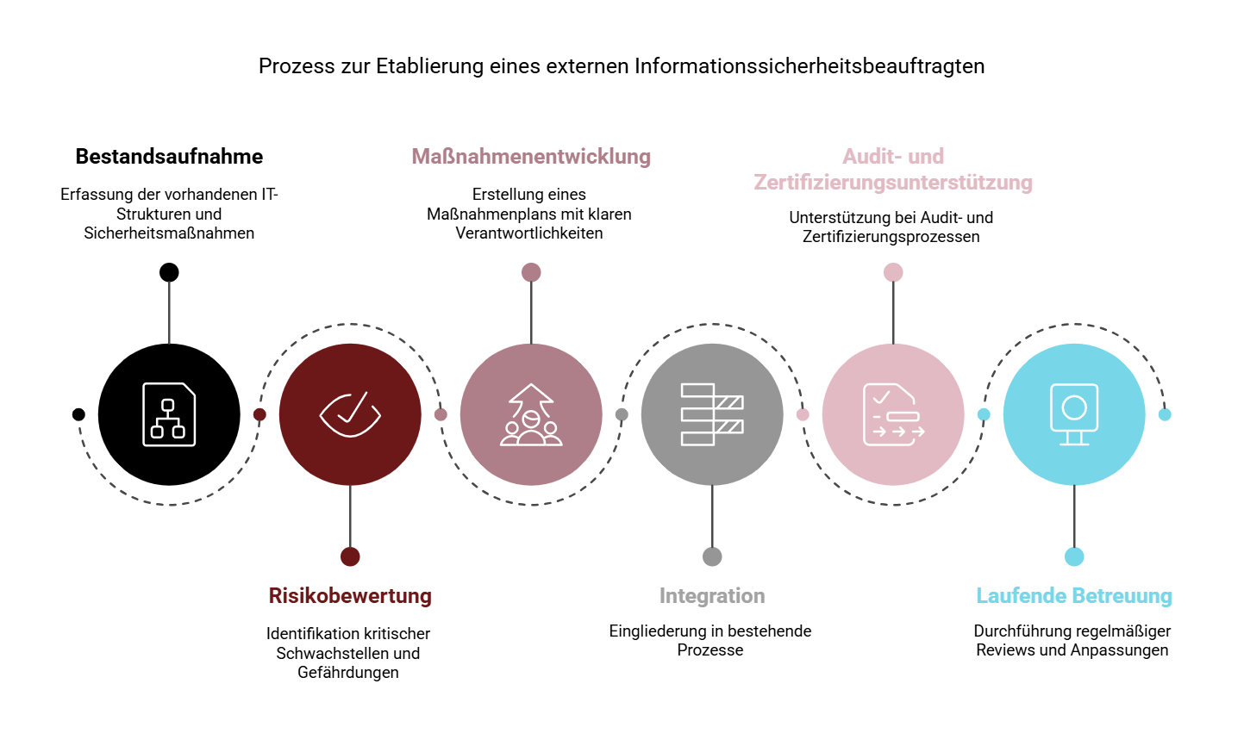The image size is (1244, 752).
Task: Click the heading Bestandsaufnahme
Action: click(x=169, y=157)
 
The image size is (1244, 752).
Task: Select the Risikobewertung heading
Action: click(x=350, y=595)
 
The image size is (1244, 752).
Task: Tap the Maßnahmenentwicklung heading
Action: click(x=531, y=157)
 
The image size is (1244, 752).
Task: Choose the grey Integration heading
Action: click(x=712, y=595)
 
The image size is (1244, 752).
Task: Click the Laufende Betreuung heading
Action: click(x=1074, y=595)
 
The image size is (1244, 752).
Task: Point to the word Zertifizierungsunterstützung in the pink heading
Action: click(x=893, y=182)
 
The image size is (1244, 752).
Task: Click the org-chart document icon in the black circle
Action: click(x=169, y=414)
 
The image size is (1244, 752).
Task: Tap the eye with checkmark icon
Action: click(x=350, y=414)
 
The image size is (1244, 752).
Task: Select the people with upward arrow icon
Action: click(x=531, y=414)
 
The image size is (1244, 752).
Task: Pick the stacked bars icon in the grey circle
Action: click(x=712, y=414)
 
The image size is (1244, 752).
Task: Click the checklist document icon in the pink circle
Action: click(x=893, y=414)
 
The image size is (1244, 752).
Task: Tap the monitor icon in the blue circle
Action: click(x=1074, y=414)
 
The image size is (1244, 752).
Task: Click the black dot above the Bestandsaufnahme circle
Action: click(x=169, y=272)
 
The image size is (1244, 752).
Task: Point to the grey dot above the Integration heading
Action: click(x=712, y=556)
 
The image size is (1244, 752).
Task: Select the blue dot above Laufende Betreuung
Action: click(x=1074, y=556)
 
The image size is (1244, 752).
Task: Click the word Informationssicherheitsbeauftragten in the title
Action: click(x=810, y=66)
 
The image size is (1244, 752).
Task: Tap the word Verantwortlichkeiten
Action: click(x=529, y=233)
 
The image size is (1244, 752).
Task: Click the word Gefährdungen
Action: click(x=348, y=673)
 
